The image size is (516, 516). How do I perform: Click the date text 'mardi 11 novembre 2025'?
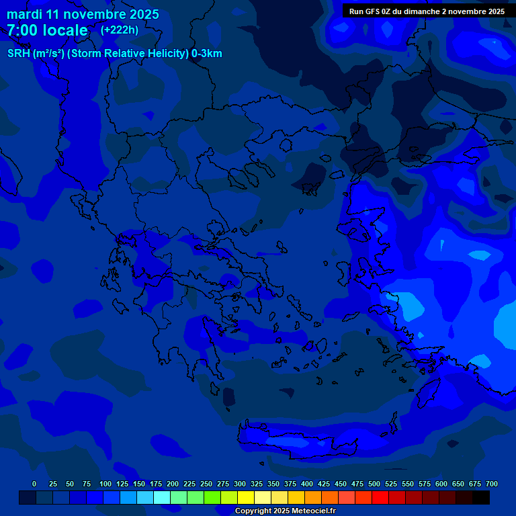tap(83, 14)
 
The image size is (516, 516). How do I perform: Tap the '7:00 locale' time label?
tap(47, 30)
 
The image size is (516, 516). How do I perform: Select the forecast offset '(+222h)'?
tap(120, 30)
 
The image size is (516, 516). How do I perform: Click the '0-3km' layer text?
tap(207, 54)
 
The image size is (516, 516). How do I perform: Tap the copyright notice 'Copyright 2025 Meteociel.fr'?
tap(285, 511)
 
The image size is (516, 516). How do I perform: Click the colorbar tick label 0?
tap(34, 484)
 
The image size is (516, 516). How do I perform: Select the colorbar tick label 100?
tap(105, 484)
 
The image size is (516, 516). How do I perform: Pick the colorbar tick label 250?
tap(206, 484)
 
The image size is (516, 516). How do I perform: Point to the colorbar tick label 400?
tap(307, 484)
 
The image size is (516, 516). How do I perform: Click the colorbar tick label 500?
tap(374, 484)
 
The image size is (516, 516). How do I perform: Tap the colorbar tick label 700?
tap(492, 484)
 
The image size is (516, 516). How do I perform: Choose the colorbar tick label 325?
tap(257, 484)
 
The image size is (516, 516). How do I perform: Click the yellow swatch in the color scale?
tap(246, 497)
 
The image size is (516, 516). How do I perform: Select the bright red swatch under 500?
tap(380, 497)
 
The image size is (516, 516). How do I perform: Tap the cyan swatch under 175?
tap(162, 497)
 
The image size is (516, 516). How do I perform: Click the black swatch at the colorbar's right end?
tap(481, 497)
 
